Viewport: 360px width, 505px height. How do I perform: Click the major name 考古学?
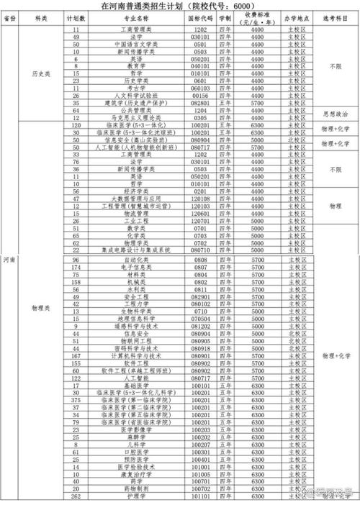click(132, 88)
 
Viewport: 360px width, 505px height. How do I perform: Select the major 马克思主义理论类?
click(132, 118)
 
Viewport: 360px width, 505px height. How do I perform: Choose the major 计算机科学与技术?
click(132, 356)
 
